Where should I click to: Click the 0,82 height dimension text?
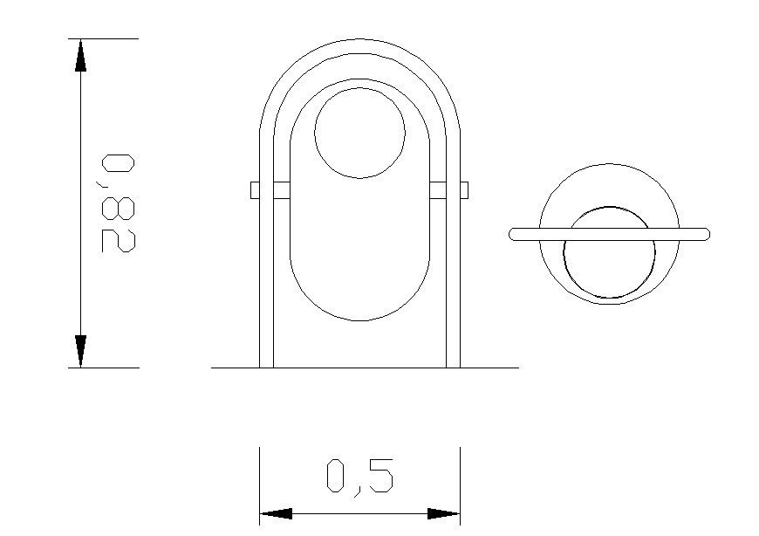[118, 203]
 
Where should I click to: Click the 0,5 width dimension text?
[359, 477]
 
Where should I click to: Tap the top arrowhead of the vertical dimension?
[80, 56]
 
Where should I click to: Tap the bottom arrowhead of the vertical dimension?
[80, 350]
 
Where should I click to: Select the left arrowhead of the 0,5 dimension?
[276, 514]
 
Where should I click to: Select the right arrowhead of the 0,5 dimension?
[443, 514]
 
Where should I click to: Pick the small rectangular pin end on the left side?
[255, 189]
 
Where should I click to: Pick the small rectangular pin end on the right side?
[464, 189]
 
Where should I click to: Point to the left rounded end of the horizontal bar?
[514, 234]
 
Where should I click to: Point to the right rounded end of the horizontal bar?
[705, 234]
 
